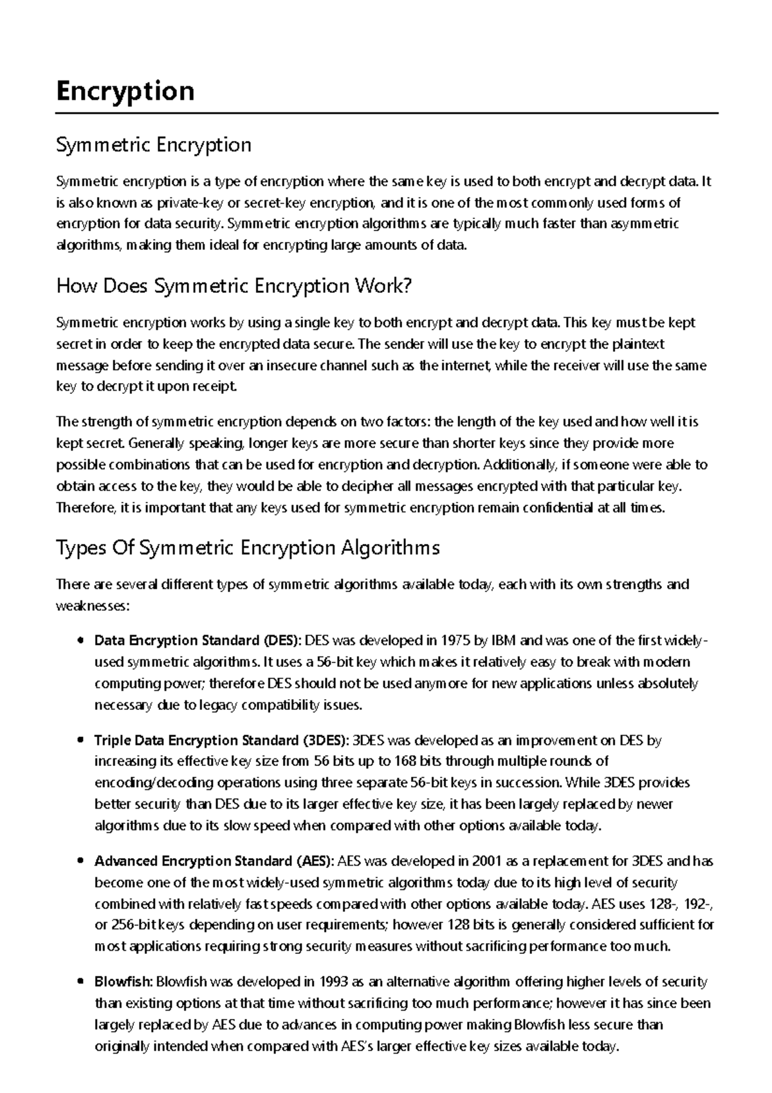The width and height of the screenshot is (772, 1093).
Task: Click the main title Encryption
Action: [x=125, y=91]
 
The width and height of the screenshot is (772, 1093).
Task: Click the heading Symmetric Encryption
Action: [x=154, y=145]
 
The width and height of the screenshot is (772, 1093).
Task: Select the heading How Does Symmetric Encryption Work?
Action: [x=234, y=286]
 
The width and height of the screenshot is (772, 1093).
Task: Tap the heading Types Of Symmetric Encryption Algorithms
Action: [x=248, y=548]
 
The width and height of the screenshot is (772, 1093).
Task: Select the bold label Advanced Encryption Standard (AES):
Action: [x=214, y=861]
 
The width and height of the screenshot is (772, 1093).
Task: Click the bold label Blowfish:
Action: [x=124, y=982]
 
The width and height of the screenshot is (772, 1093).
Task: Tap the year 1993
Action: [x=333, y=982]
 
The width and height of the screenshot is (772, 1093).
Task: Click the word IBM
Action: [x=504, y=640]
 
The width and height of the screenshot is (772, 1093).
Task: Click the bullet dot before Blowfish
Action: [x=80, y=982]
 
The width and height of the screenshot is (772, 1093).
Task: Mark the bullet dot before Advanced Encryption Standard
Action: [x=80, y=861]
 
